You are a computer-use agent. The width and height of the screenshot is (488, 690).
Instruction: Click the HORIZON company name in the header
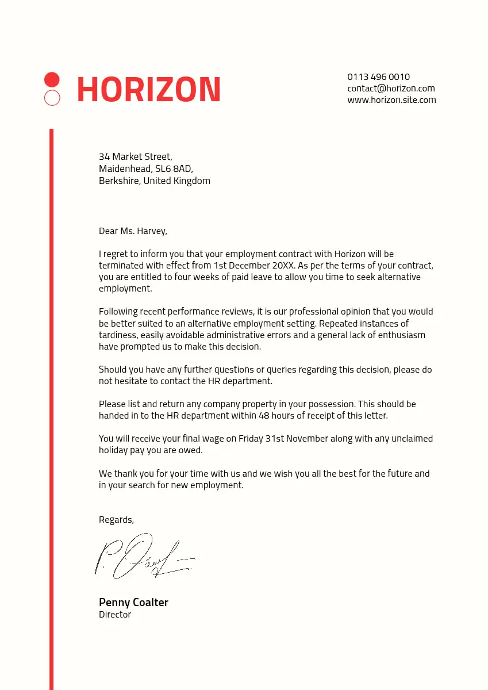click(148, 90)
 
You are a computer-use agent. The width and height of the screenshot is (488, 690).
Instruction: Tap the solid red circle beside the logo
click(52, 79)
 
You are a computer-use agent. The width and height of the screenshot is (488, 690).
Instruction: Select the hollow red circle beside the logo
click(52, 98)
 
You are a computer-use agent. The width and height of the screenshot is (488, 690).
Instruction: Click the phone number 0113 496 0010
click(378, 76)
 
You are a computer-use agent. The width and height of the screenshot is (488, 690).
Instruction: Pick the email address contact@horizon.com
click(391, 88)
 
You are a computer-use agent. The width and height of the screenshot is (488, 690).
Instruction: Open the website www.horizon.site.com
click(391, 99)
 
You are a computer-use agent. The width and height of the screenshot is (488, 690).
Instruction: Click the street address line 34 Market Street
click(135, 156)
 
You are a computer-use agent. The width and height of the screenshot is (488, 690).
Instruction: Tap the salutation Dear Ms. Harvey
click(133, 231)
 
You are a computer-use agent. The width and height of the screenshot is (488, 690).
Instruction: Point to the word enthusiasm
click(402, 335)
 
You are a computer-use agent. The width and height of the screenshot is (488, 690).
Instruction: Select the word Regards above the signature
click(116, 520)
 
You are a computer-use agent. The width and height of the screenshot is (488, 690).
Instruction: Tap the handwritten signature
click(144, 557)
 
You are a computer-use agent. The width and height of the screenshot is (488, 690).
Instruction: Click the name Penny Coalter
click(133, 602)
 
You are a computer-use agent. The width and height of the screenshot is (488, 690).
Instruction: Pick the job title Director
click(115, 615)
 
